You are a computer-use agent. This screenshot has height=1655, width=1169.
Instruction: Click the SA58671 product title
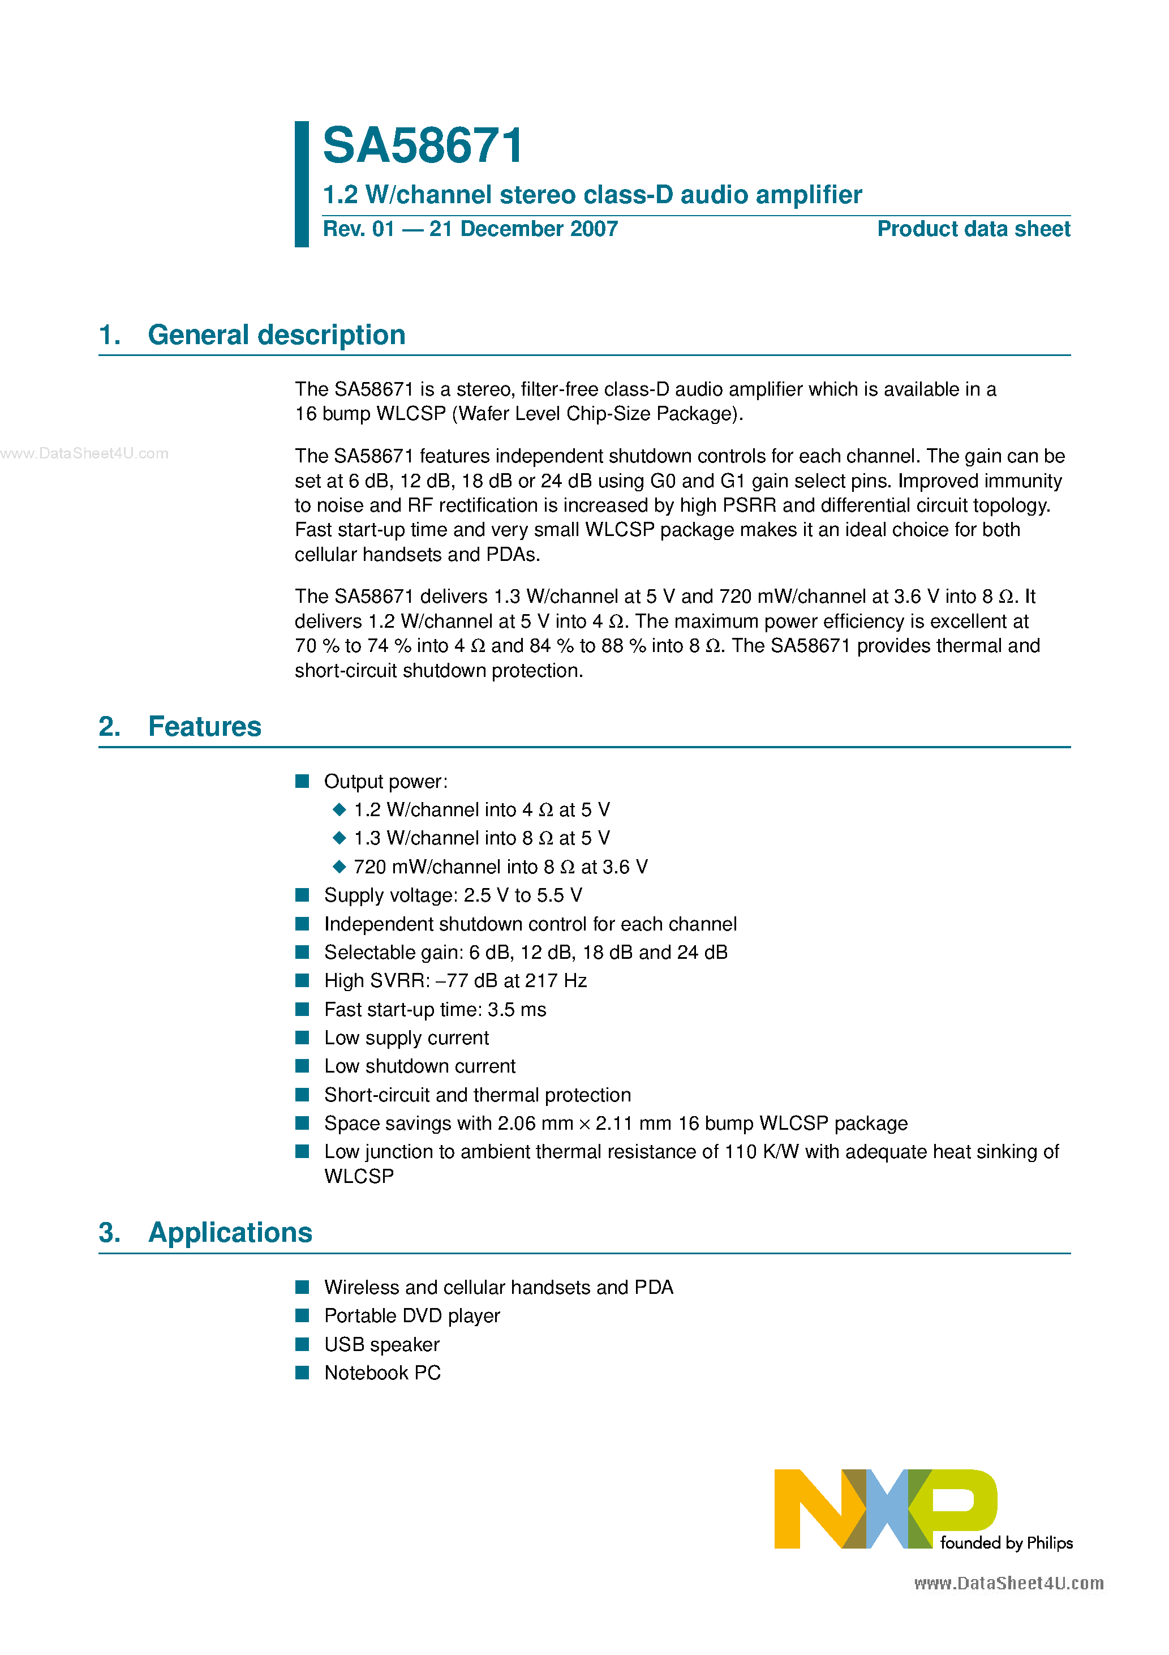423,147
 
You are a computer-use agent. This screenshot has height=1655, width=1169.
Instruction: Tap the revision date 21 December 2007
523,229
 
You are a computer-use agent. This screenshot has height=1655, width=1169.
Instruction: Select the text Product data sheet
973,229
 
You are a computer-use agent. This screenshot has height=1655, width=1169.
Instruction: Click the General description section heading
276,335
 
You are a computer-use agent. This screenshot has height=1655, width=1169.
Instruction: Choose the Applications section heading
230,1233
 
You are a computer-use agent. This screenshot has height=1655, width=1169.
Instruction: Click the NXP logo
885,1508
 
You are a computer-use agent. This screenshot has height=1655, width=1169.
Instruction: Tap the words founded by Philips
1006,1542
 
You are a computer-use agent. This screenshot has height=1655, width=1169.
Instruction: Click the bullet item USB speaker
381,1344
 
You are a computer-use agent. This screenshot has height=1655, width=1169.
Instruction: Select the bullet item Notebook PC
382,1373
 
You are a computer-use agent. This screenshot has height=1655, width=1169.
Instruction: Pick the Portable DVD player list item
411,1315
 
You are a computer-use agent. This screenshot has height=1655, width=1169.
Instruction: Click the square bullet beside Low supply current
303,1037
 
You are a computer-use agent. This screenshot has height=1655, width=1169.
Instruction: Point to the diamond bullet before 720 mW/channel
339,867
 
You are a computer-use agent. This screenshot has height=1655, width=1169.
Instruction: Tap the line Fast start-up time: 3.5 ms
435,1009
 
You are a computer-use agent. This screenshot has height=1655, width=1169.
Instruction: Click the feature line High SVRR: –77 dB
455,980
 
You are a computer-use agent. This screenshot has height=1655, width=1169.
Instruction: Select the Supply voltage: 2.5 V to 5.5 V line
453,895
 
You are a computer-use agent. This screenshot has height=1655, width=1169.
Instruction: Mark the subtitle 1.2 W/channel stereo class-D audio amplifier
592,195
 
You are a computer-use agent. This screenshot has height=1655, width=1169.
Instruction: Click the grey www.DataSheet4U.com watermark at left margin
84,453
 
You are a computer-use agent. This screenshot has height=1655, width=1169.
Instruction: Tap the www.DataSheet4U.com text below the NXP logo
1008,1583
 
